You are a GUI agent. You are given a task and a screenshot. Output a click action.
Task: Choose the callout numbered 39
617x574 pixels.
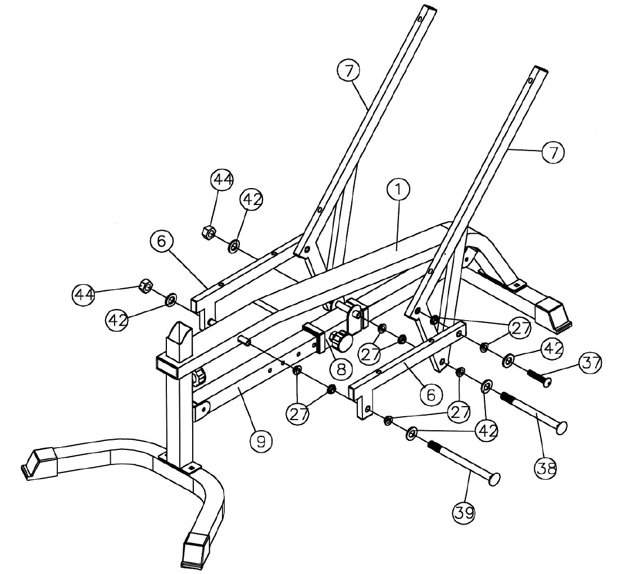464,512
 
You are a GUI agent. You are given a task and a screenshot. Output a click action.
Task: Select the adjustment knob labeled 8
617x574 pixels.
341,340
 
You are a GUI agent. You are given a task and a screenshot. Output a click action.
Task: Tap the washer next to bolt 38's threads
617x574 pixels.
486,386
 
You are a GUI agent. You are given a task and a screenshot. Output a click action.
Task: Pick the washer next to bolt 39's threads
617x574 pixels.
412,433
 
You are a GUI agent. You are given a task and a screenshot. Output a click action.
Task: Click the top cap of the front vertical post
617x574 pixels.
179,337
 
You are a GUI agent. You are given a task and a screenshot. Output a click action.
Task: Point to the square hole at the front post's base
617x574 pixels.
192,466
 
